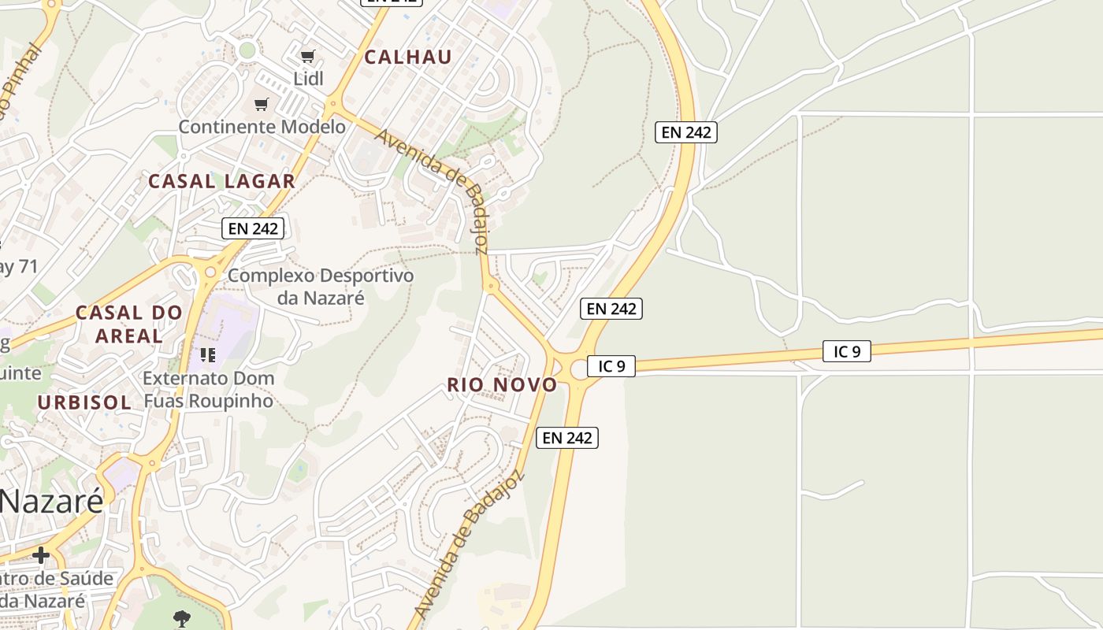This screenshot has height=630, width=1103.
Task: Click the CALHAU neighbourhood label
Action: tap(408, 57)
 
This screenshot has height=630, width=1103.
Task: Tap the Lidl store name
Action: tap(308, 79)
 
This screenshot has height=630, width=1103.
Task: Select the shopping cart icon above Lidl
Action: tap(308, 56)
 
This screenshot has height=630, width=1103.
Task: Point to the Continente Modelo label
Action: tap(262, 127)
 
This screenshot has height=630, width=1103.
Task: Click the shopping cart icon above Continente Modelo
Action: tap(262, 104)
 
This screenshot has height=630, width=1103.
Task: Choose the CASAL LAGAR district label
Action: tap(222, 181)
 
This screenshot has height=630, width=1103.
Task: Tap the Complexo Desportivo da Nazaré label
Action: tap(321, 287)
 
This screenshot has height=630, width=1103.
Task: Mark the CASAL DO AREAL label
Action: tap(129, 324)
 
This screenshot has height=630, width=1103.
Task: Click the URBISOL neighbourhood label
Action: tap(84, 402)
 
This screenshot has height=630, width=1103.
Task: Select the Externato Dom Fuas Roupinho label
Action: tap(209, 389)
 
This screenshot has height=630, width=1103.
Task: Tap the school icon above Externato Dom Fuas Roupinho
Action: tap(208, 355)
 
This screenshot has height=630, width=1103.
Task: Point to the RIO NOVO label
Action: tap(502, 385)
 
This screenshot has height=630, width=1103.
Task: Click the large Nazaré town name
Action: tap(51, 501)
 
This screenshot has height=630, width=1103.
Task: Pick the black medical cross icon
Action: tap(40, 555)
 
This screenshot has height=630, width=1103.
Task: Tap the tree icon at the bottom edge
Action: tap(182, 619)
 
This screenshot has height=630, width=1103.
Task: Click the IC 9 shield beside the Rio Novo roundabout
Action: tap(611, 366)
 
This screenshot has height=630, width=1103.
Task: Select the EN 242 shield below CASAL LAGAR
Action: tap(252, 228)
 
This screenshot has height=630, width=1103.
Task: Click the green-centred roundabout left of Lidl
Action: tap(247, 50)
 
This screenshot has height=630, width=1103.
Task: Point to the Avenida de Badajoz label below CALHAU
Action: tap(433, 189)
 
